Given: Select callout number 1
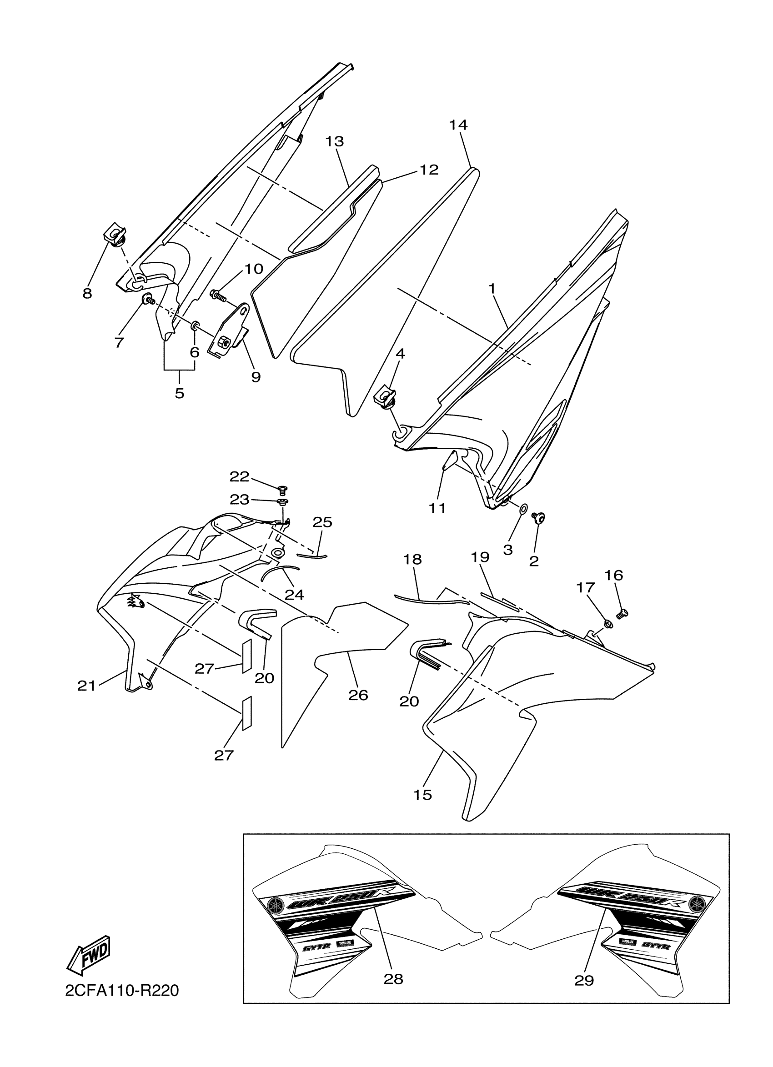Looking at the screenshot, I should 492,288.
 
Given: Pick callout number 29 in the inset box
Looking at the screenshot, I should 584,980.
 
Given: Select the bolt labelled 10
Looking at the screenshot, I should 217,296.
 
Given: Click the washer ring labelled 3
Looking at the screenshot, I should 523,510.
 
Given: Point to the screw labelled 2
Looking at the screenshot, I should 539,518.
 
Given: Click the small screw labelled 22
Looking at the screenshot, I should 283,490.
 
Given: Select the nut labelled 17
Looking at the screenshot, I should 607,624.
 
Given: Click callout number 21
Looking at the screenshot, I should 86,686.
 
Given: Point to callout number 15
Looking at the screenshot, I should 422,795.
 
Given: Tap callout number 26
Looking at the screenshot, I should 358,695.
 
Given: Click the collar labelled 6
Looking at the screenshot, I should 195,326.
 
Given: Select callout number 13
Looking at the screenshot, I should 335,141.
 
